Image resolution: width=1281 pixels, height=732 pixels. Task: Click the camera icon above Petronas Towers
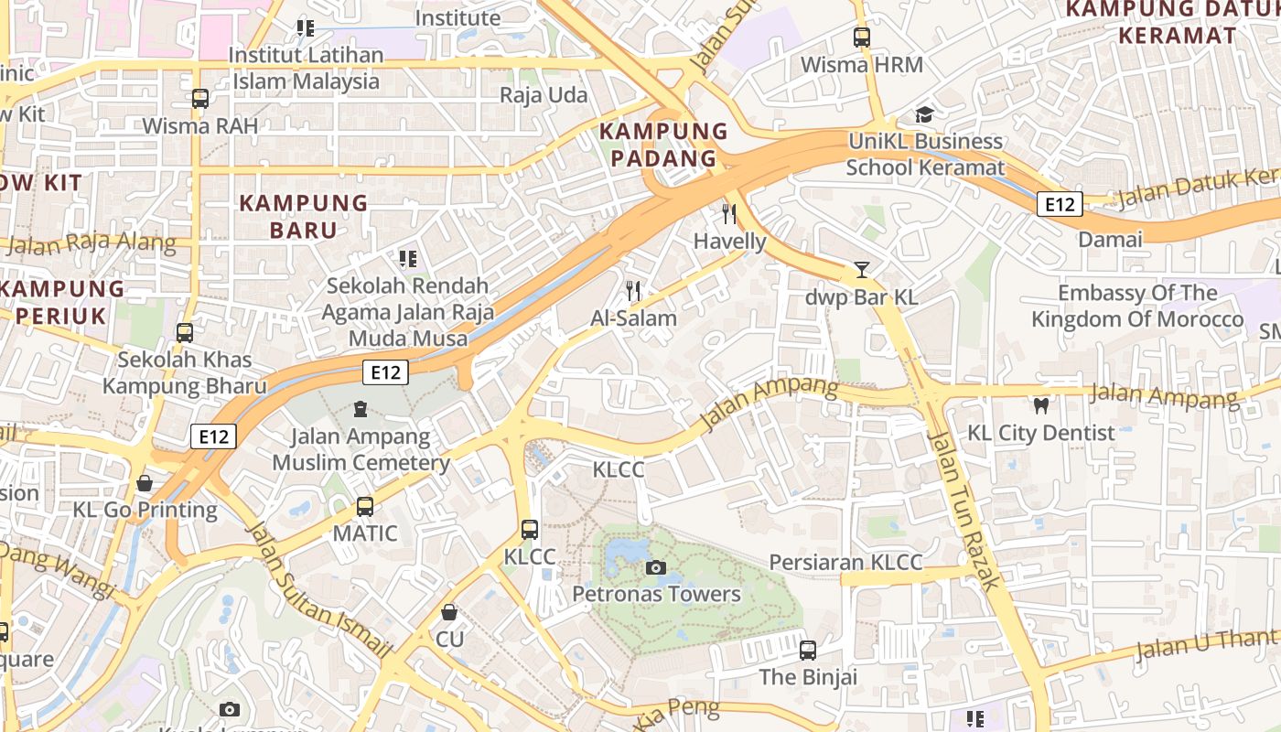coord(655,568)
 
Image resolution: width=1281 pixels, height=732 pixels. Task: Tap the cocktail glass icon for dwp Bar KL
coord(861,270)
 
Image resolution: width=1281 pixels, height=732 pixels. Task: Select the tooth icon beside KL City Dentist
coord(1040,405)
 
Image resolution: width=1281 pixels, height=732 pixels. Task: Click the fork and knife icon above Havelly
coord(729,214)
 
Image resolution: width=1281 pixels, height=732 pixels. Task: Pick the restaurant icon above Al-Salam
coord(633,292)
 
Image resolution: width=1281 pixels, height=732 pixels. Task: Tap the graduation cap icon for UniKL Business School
coord(925,114)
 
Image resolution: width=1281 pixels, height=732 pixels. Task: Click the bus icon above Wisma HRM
coord(861,38)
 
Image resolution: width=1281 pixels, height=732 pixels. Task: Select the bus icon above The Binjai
coord(808,651)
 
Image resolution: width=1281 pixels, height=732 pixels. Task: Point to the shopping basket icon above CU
coord(449,612)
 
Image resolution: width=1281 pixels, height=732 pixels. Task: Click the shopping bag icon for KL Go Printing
coord(144,483)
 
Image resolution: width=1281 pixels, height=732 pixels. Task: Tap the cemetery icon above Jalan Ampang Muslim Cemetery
coord(360,409)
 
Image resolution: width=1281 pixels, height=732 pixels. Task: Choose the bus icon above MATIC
coord(365,506)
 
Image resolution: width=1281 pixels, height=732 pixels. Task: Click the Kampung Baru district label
coord(304,216)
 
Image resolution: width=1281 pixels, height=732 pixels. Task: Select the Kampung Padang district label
coord(663,145)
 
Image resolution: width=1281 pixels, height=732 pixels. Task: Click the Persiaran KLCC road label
coord(845,562)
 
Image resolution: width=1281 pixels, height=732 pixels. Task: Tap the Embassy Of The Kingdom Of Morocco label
coord(1137,306)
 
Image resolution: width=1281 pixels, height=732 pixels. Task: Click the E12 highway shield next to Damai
coord(1060,204)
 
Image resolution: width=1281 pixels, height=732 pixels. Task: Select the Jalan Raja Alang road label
coord(91,243)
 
